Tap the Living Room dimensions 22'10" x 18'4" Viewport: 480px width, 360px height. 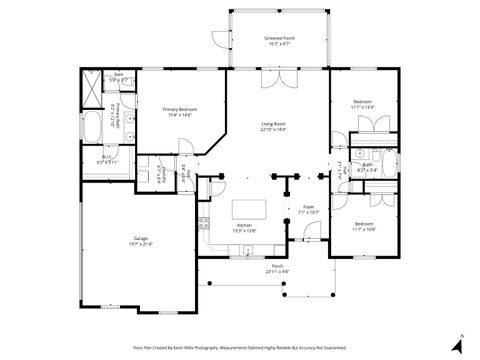click(273, 129)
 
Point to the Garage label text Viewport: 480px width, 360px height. click(138, 238)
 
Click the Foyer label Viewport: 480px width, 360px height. click(309, 207)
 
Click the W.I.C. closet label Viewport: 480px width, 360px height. click(104, 157)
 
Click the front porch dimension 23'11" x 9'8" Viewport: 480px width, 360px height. click(277, 271)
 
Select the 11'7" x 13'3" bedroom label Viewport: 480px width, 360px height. click(361, 103)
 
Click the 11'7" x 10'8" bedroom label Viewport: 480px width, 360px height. click(363, 227)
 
